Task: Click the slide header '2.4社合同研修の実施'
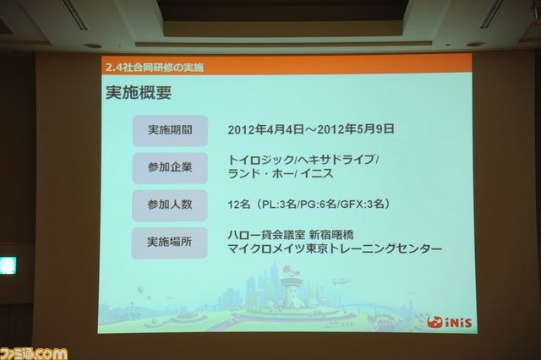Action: click(x=155, y=68)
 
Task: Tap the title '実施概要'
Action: click(x=139, y=92)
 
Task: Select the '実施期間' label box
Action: click(x=170, y=131)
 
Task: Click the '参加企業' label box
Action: click(x=170, y=168)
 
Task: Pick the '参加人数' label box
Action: click(x=170, y=205)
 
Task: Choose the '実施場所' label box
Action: click(x=169, y=243)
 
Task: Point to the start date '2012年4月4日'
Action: click(x=265, y=129)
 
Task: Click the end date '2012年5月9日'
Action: click(x=356, y=129)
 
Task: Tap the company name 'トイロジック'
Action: click(x=260, y=160)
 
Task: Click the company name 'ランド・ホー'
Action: click(x=260, y=173)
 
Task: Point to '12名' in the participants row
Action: click(x=238, y=205)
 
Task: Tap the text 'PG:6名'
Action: click(x=318, y=205)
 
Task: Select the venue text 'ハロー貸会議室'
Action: click(x=266, y=235)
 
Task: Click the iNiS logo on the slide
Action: click(x=449, y=323)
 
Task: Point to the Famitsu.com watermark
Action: click(x=34, y=354)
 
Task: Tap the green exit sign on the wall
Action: click(x=8, y=265)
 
